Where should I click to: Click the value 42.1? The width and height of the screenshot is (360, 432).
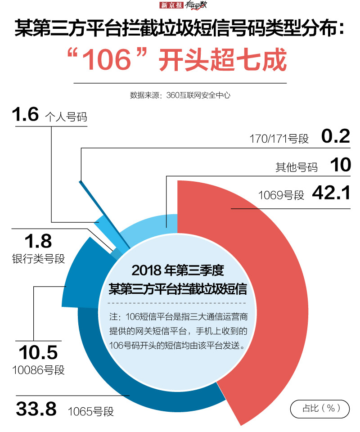331,193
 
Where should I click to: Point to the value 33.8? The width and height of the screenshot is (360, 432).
36,409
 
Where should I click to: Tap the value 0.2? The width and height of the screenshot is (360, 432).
336,136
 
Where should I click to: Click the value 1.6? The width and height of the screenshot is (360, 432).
25,115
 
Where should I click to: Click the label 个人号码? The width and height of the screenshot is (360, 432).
66,117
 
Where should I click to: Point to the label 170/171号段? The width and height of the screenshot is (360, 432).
279,139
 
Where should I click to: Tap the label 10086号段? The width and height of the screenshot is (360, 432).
38,370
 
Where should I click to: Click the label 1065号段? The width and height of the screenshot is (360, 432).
91,411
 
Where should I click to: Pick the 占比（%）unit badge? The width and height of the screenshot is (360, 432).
319,408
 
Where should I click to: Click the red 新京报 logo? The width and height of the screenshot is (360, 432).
171,6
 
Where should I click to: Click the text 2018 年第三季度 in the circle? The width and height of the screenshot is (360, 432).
178,271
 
